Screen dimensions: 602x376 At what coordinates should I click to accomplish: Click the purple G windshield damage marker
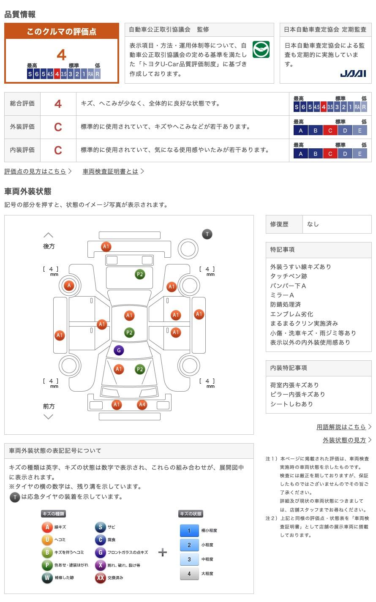[119, 350]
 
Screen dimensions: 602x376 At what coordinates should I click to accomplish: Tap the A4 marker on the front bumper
[142, 405]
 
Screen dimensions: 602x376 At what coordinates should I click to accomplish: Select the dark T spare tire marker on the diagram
[207, 234]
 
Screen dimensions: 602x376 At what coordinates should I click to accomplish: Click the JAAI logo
[353, 74]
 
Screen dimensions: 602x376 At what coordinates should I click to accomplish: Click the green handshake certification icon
[261, 50]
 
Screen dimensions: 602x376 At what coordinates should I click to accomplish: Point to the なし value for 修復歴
[313, 224]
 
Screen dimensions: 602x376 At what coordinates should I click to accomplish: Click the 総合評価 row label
[22, 104]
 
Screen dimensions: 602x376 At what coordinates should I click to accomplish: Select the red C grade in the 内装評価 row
[58, 150]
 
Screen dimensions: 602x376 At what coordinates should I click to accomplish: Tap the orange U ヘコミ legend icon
[47, 539]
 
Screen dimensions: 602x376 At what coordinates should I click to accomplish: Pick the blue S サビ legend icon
[100, 527]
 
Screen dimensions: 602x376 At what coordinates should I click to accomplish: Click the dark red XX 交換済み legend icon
[100, 577]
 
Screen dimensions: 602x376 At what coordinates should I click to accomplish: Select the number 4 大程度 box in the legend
[189, 573]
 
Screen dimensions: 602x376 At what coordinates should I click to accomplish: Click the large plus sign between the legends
[163, 552]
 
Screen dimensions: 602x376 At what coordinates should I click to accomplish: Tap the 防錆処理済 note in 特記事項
[286, 305]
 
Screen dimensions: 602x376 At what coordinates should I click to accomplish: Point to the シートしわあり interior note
[292, 404]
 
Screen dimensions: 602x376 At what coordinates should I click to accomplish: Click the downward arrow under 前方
[49, 417]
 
